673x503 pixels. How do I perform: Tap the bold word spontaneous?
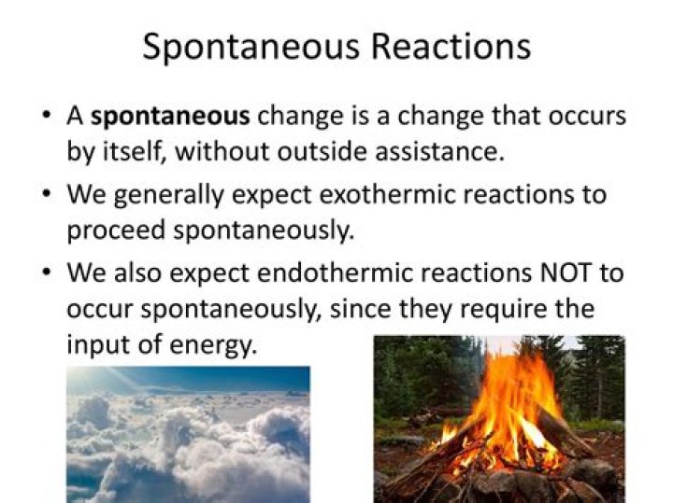click(x=170, y=118)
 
